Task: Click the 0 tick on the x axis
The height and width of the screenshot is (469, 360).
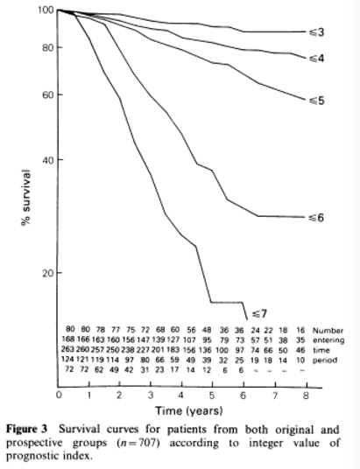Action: pos(59,395)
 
